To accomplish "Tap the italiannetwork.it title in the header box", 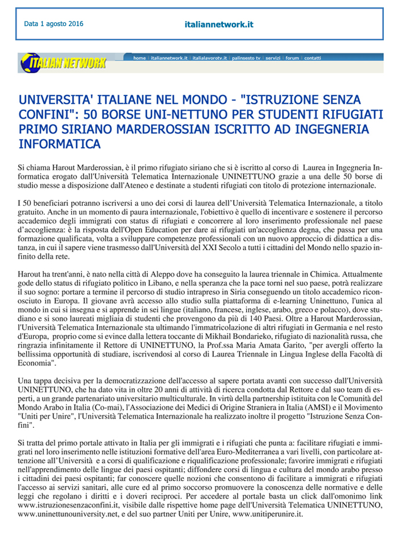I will (x=219, y=24).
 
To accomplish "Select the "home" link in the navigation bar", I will (x=139, y=58).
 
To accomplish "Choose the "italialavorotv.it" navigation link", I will (x=210, y=58).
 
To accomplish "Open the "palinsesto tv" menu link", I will (x=246, y=58).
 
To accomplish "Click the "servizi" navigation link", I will (x=273, y=58).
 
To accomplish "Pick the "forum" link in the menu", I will (x=292, y=58).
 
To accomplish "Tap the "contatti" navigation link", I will (x=313, y=58).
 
